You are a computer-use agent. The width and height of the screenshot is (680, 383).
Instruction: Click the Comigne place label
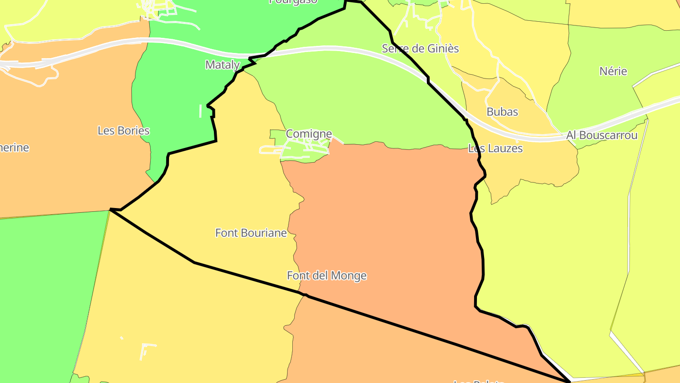(309, 134)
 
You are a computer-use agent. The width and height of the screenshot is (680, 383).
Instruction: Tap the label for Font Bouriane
(251, 233)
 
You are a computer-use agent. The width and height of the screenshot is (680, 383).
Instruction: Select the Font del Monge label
(327, 275)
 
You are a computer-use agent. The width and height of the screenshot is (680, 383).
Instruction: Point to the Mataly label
(222, 65)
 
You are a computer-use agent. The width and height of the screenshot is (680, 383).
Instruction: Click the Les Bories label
(124, 131)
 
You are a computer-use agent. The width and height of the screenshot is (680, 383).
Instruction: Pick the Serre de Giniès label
(420, 48)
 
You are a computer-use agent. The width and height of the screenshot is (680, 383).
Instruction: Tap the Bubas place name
(502, 112)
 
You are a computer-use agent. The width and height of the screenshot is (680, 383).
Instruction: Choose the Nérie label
(613, 71)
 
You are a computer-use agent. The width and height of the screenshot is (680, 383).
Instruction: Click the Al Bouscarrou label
(602, 135)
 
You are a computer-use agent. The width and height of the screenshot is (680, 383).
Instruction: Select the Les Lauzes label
(495, 148)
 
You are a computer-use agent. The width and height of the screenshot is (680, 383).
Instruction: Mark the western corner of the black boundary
(110, 209)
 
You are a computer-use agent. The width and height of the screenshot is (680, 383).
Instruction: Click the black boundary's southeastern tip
(569, 380)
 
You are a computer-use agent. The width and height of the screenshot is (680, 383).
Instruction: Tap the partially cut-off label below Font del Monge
(479, 381)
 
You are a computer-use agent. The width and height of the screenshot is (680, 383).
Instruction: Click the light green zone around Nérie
(600, 95)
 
